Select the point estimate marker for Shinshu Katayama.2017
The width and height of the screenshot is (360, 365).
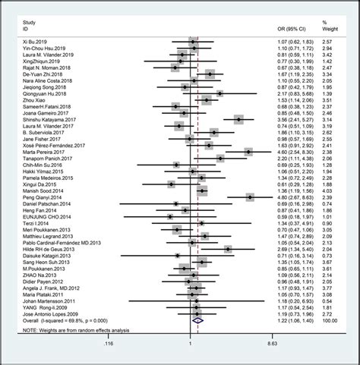tap(238, 119)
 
